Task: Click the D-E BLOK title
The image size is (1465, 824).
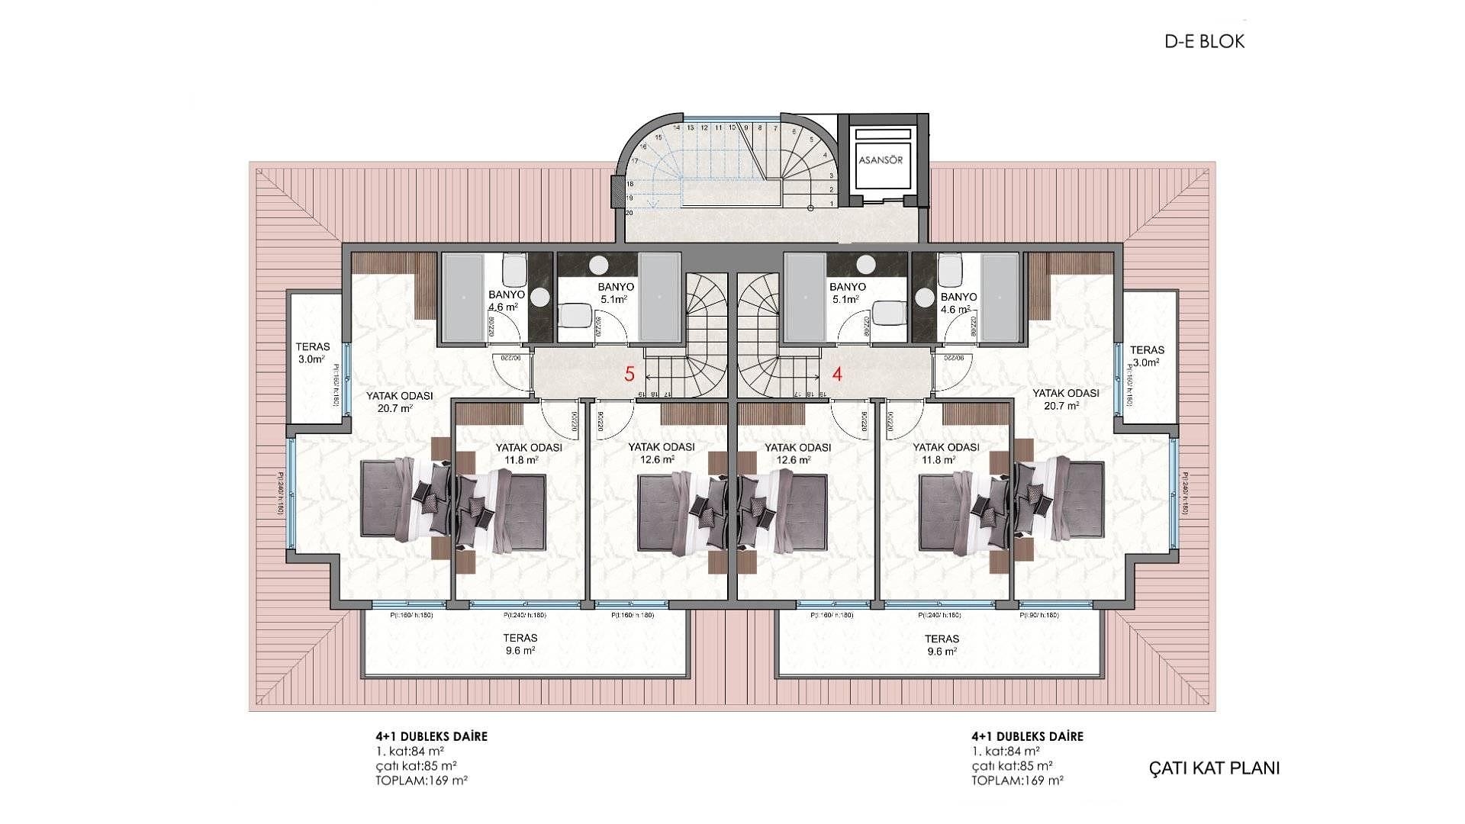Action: [x=1204, y=42]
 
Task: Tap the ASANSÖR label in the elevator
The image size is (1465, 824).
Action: [x=881, y=160]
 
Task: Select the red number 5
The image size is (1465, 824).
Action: [x=629, y=374]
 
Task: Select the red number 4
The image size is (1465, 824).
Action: [x=837, y=374]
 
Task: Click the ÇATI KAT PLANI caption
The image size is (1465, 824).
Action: [x=1214, y=768]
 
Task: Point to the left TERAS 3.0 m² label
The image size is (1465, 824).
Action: [x=313, y=353]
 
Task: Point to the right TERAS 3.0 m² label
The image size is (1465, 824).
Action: [x=1147, y=356]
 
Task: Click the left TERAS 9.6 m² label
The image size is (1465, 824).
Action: [x=520, y=644]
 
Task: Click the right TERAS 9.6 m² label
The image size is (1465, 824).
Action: [x=941, y=645]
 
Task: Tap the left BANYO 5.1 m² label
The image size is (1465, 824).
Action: [x=615, y=293]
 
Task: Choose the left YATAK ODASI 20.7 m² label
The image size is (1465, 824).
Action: [x=399, y=401]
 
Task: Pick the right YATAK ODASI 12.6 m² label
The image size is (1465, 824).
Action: [x=797, y=453]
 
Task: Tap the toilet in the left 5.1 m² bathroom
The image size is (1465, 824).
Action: [x=575, y=315]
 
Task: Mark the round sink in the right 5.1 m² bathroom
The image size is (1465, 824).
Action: [x=865, y=265]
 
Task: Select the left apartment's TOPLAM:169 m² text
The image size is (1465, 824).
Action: [x=421, y=781]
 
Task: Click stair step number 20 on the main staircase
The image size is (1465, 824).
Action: [x=629, y=213]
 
